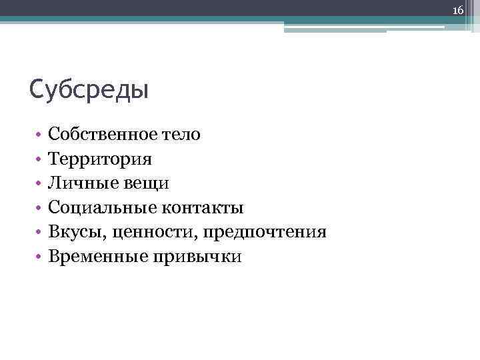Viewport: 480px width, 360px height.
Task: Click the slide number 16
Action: pos(458,9)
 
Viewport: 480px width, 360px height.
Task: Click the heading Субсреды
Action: pos(89,89)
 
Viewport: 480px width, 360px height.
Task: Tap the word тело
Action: pos(181,134)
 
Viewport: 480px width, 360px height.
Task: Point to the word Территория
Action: pos(99,159)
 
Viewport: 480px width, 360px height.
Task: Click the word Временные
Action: pos(96,256)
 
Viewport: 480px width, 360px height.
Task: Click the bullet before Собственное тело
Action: pos(40,135)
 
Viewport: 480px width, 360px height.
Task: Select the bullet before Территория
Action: pos(40,159)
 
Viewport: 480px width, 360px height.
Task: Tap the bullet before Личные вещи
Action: pos(40,183)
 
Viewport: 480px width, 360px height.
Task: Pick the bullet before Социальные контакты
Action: pos(40,208)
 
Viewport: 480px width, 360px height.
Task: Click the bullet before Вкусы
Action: pos(40,233)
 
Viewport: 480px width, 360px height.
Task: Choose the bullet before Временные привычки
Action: pos(40,257)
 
